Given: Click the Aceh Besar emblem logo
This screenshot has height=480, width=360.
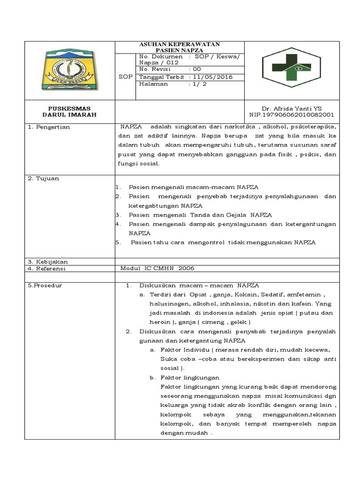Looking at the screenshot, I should pos(69,70).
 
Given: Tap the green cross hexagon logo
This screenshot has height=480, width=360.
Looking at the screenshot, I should pos(292,70).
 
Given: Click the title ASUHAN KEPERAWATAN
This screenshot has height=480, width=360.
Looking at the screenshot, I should pos(180,44).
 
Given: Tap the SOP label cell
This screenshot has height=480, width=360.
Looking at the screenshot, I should pos(125,77).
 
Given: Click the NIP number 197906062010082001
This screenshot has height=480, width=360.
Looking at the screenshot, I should pos(292,114).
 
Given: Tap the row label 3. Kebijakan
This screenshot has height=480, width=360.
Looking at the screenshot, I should pos(48,262).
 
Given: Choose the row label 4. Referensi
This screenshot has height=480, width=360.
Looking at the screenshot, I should pos(47,269).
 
